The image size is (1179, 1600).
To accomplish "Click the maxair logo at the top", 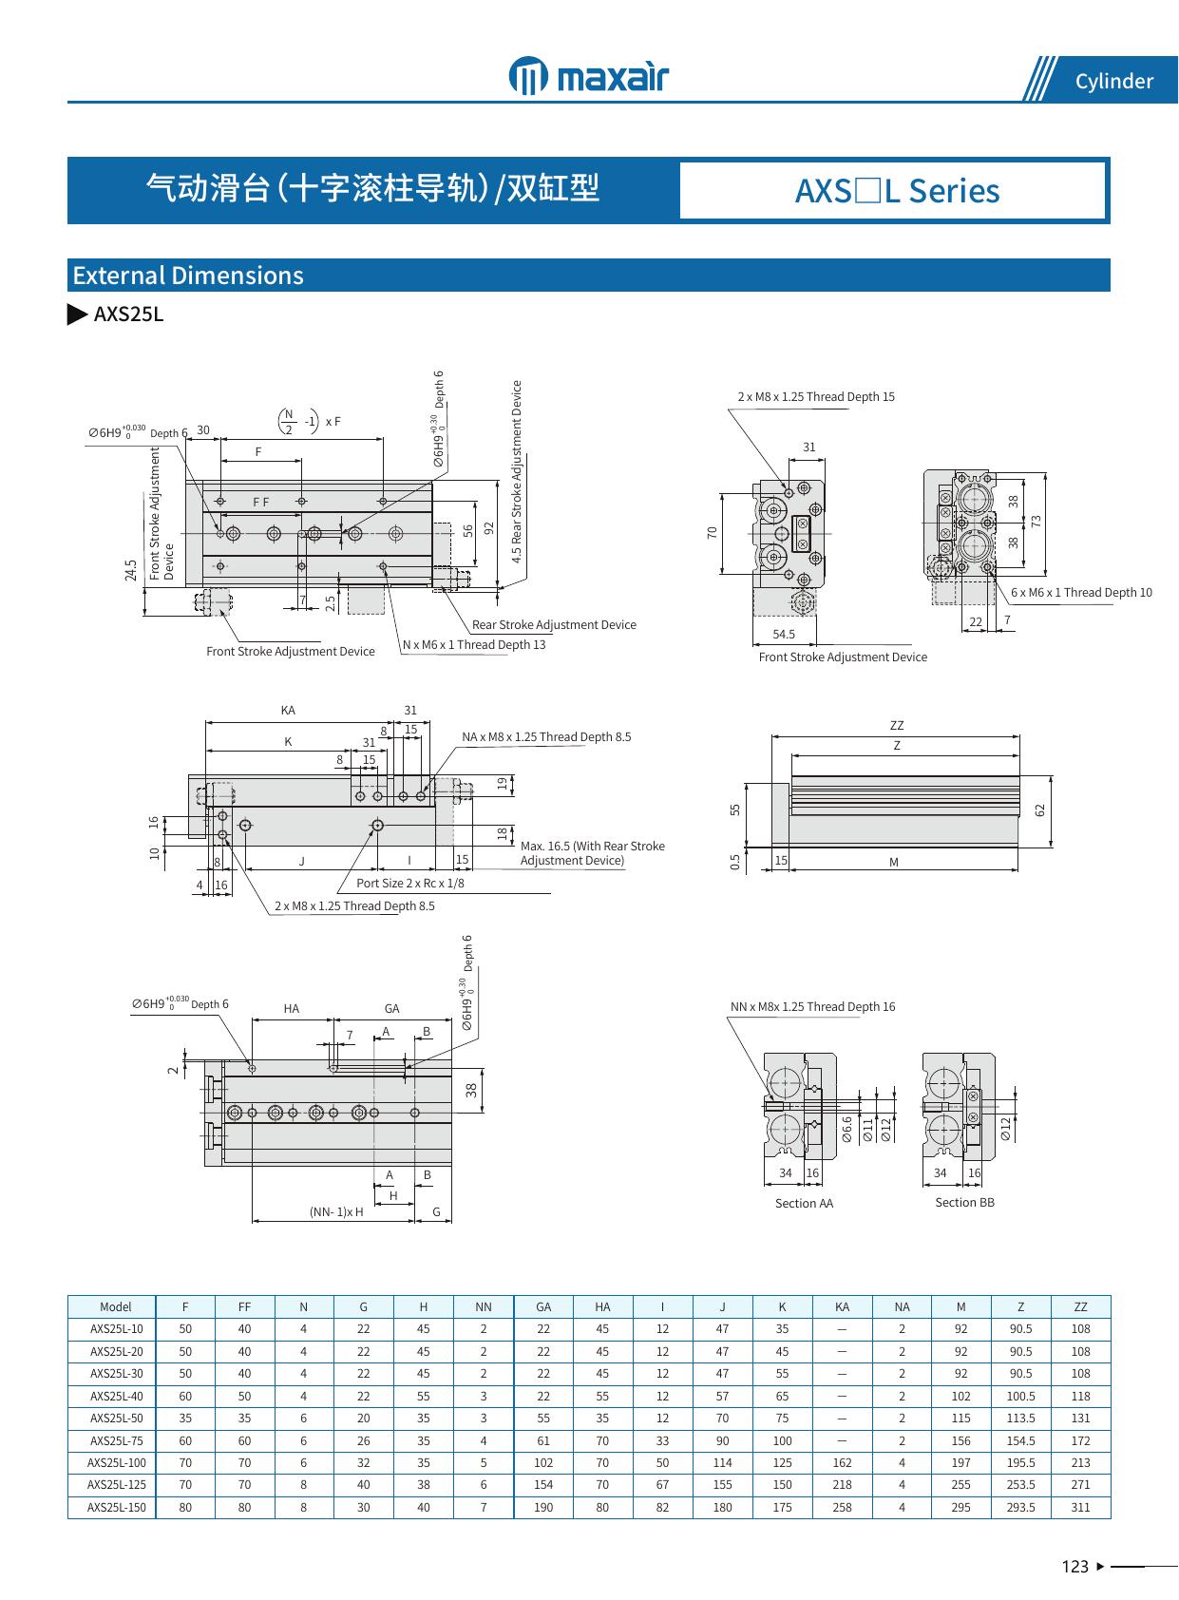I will click(x=588, y=75).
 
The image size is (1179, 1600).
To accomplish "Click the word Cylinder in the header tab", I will click(x=1113, y=82).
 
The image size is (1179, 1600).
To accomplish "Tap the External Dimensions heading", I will click(x=188, y=276).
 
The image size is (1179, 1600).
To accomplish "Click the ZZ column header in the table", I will click(x=1080, y=1306).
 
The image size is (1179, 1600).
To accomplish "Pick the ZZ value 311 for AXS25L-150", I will click(x=1080, y=1507).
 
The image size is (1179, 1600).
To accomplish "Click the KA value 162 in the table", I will click(x=842, y=1462).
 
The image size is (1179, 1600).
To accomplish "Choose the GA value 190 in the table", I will click(x=543, y=1507).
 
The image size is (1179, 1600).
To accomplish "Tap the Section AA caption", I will click(x=804, y=1203).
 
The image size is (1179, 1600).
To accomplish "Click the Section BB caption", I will click(x=964, y=1202).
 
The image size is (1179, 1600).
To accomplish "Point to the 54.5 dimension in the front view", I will click(x=784, y=634).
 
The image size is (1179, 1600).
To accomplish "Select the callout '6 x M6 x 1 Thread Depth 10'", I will click(x=1081, y=592).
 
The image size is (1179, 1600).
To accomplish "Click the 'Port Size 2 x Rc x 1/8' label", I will click(x=410, y=883).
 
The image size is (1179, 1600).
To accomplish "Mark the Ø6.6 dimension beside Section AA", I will click(x=847, y=1128).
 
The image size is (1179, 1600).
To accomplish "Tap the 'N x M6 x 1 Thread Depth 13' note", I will click(x=474, y=644).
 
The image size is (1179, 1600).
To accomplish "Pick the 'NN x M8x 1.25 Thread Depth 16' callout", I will click(x=812, y=1006).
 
